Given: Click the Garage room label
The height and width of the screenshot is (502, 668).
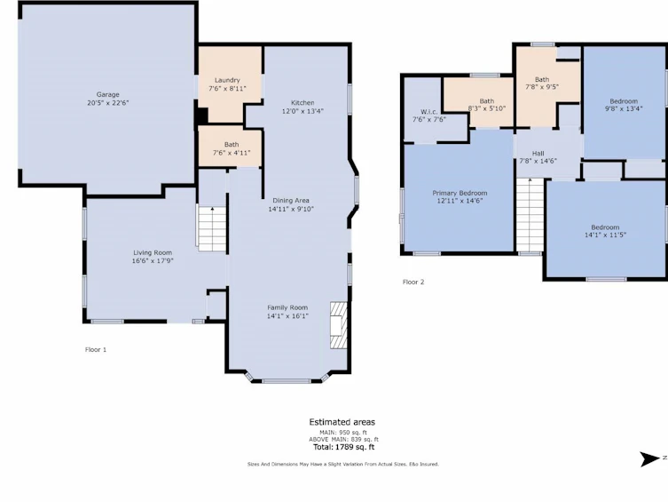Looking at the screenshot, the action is click(107, 95).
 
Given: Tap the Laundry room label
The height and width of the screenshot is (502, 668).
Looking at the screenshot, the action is click(227, 80).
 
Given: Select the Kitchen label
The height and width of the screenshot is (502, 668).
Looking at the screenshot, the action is click(303, 103).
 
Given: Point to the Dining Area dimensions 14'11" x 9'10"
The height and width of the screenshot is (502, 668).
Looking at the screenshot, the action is click(291, 209).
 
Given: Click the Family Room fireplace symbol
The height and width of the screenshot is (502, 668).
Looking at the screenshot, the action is click(339, 326).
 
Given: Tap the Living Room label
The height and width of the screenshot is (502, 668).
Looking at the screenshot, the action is click(153, 252).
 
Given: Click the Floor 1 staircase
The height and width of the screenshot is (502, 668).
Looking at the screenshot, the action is click(212, 228).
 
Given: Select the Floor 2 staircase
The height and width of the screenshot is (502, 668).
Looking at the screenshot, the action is click(530, 215).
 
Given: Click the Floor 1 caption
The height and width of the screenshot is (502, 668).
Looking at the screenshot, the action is click(96, 350).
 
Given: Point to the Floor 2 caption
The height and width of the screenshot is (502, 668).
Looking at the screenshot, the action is click(413, 282).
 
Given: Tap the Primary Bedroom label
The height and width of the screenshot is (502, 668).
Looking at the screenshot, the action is click(460, 193).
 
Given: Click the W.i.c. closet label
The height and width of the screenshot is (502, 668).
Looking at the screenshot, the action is click(428, 112).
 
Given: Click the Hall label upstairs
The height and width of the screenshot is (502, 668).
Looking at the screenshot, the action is click(538, 154).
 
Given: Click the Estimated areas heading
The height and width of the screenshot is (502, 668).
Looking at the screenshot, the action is click(342, 422).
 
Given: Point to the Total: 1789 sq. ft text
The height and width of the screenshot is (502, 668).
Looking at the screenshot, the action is click(343, 447).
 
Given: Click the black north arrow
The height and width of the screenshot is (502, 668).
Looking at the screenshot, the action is click(649, 459).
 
